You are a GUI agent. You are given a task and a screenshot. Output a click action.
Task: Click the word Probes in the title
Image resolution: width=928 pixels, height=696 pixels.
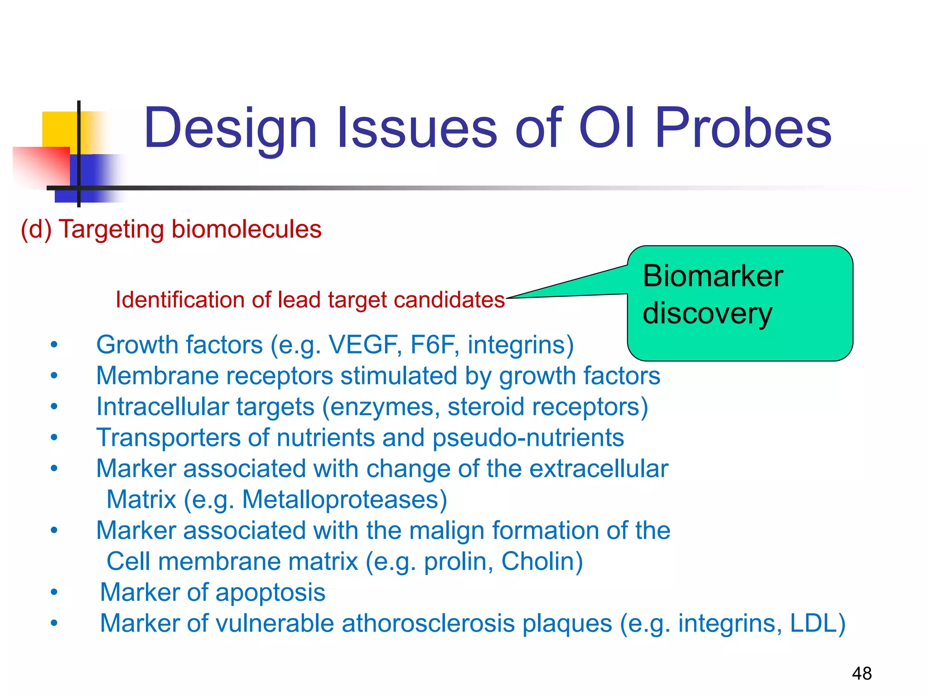click(743, 128)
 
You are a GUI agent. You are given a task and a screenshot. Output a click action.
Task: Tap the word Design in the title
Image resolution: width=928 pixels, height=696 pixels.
click(230, 128)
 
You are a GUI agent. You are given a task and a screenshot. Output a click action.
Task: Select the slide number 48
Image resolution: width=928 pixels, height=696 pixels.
click(861, 673)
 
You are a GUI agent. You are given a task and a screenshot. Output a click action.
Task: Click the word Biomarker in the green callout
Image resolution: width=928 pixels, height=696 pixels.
click(713, 276)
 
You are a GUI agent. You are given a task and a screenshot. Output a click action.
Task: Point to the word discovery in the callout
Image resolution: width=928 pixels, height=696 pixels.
click(707, 314)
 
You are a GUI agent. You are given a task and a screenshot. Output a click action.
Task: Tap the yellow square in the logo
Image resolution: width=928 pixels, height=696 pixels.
click(59, 129)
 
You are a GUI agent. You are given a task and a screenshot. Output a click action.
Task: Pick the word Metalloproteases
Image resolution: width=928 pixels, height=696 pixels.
click(344, 499)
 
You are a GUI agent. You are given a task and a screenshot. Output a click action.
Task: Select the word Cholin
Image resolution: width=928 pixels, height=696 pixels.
click(541, 561)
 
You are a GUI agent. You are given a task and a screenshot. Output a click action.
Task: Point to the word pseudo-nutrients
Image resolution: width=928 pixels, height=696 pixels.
click(528, 438)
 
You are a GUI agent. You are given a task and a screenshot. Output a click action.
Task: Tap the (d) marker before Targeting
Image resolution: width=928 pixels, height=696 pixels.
click(36, 229)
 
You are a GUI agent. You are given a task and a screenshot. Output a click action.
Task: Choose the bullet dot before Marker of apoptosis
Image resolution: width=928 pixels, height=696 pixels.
click(54, 593)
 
